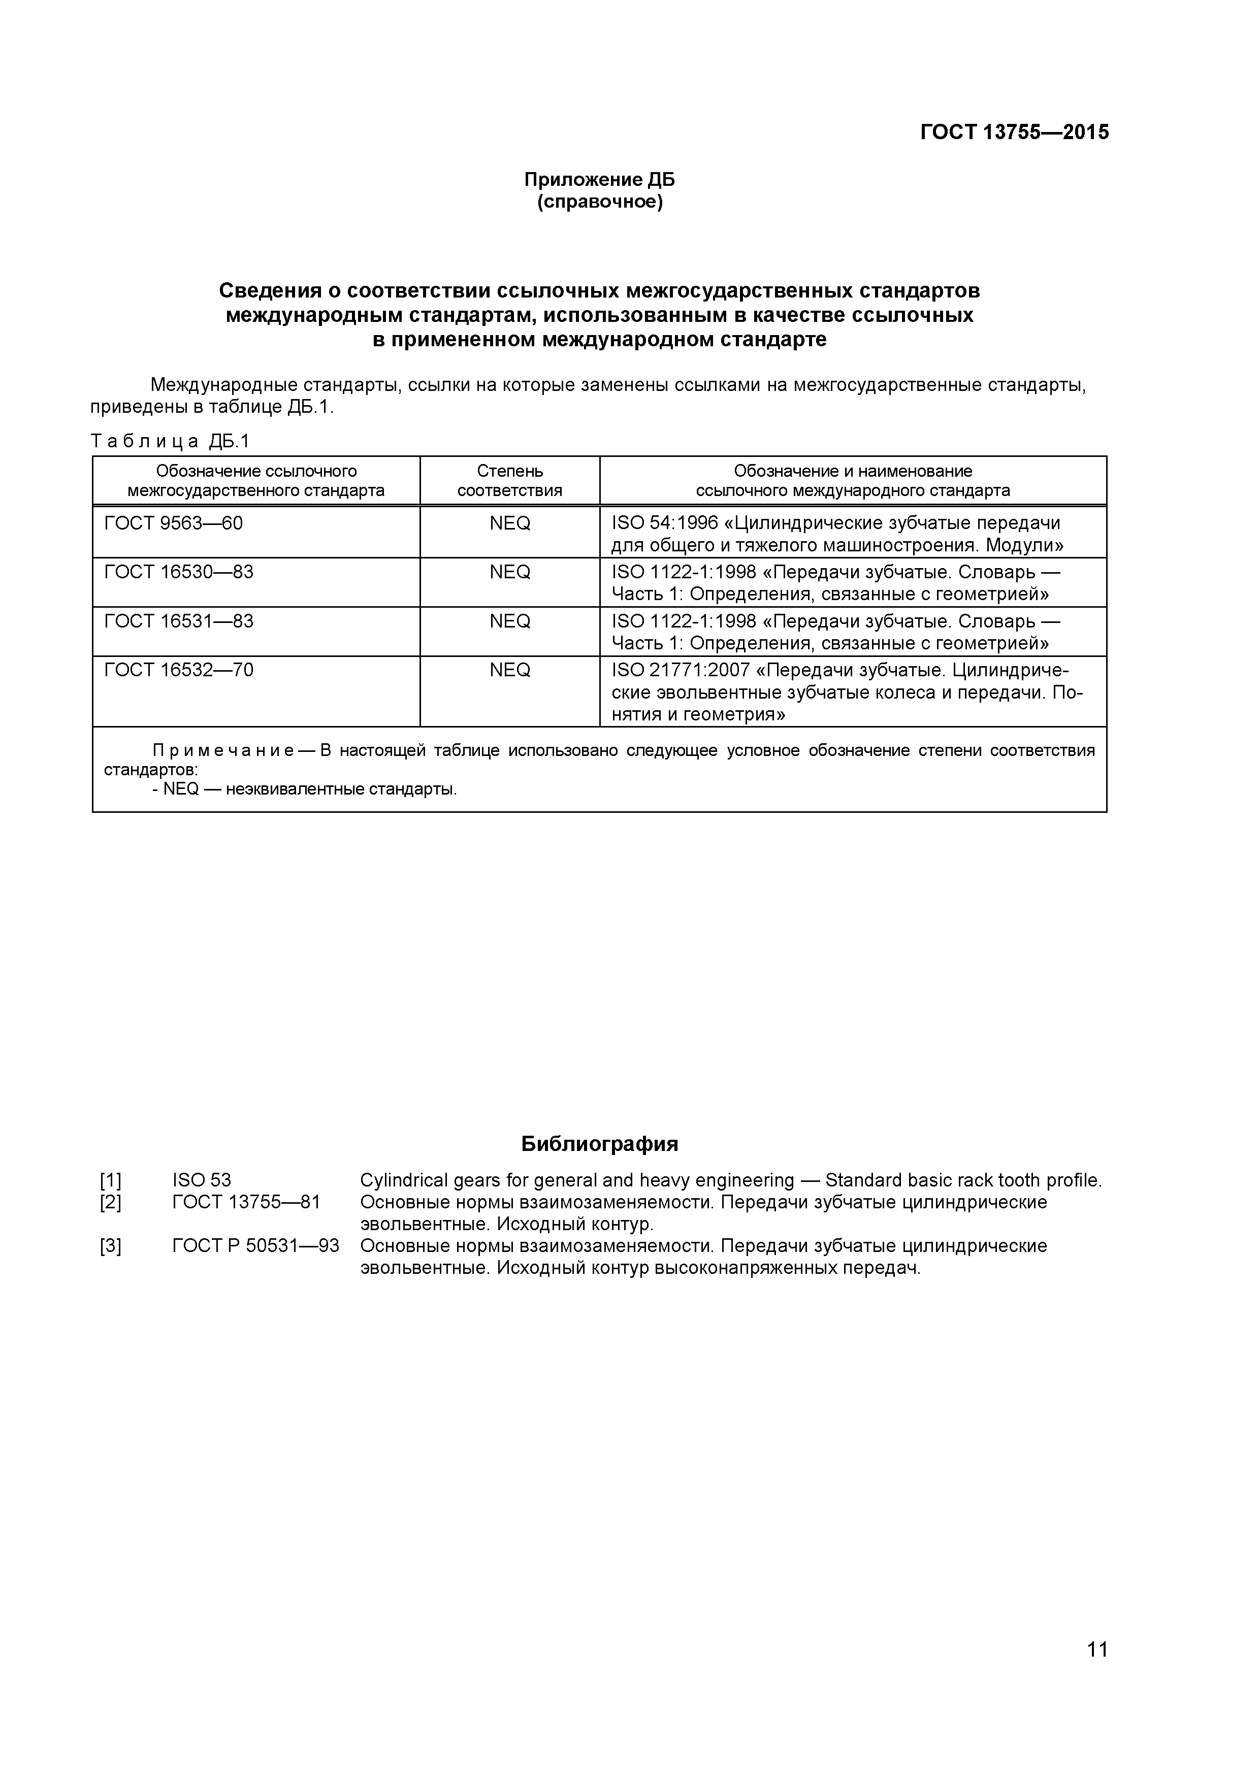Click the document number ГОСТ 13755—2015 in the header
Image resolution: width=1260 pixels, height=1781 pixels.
(1014, 133)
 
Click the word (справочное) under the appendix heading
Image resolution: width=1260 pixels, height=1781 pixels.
(600, 203)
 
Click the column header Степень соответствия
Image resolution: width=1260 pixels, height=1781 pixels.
(510, 480)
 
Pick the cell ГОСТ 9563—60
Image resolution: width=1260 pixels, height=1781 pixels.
(173, 523)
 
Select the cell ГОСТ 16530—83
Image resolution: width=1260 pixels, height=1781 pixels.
(178, 573)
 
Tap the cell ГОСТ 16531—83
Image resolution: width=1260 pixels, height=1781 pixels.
(178, 621)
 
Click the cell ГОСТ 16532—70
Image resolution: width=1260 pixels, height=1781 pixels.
(178, 670)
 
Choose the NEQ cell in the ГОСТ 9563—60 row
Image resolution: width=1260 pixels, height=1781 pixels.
(510, 523)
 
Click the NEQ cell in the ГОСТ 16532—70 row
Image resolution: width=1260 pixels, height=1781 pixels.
(510, 670)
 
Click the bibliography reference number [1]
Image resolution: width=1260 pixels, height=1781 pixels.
(110, 1181)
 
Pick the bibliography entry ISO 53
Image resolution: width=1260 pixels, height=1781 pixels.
(202, 1181)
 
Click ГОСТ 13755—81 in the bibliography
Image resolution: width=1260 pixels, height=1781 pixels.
(246, 1203)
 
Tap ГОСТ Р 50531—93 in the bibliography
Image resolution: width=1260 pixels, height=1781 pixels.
(255, 1246)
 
